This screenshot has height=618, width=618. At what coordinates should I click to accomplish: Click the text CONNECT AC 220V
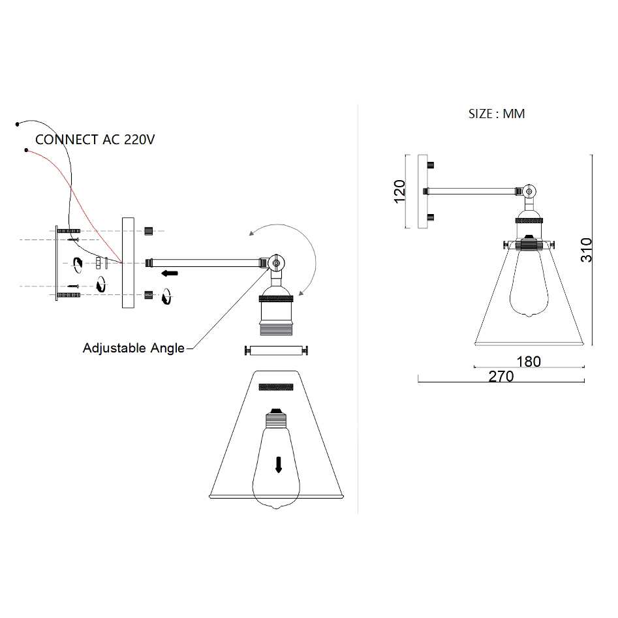[95, 139]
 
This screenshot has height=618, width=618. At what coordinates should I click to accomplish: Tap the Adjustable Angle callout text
[133, 348]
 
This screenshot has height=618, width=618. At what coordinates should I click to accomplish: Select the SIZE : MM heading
[497, 114]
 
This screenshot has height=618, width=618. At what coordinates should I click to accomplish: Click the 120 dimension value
[400, 192]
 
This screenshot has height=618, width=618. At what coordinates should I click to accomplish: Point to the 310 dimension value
[587, 250]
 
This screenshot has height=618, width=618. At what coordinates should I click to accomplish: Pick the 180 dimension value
[528, 361]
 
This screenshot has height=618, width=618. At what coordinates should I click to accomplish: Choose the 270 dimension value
[501, 377]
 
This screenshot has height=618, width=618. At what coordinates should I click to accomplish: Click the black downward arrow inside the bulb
[279, 464]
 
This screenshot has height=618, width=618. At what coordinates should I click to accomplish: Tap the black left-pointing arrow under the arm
[171, 273]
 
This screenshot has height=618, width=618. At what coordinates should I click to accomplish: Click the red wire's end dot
[26, 151]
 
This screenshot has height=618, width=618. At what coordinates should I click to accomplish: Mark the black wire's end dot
[18, 123]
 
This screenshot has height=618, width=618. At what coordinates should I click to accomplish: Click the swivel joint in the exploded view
[276, 263]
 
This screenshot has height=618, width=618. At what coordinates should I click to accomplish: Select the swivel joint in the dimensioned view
[530, 191]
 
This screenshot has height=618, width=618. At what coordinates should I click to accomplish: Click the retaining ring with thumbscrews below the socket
[275, 351]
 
